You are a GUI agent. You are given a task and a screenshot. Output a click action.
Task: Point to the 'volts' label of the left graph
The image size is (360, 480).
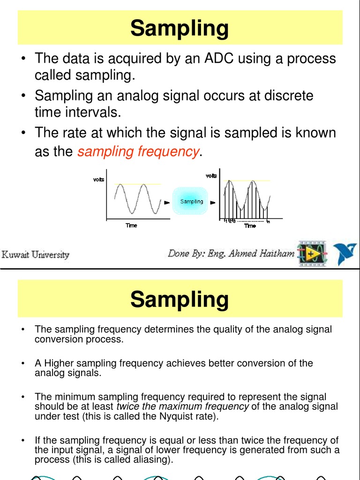[x=98, y=180]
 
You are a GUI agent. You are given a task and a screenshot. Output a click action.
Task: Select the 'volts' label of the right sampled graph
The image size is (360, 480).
[x=211, y=176]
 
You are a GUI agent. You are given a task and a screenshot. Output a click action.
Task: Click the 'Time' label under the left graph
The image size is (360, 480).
[x=131, y=226]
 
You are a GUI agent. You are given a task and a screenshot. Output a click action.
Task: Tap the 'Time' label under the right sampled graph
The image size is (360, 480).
[x=250, y=226]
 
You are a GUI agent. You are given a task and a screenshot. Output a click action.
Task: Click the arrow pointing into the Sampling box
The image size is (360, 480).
[x=166, y=203]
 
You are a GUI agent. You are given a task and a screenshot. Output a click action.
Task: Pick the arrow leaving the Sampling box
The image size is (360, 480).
[x=212, y=203]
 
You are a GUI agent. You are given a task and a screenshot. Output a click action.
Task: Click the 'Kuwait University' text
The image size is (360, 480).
[x=36, y=255]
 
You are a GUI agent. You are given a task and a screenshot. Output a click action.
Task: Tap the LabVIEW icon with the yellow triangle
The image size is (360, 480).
[x=312, y=254]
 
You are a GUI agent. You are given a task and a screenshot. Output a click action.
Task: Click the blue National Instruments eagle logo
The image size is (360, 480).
[x=345, y=253]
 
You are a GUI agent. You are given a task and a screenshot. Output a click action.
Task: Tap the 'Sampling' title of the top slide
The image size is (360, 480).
[x=180, y=28]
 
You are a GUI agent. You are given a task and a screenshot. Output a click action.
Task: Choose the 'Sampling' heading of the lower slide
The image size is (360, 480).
[x=180, y=299]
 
